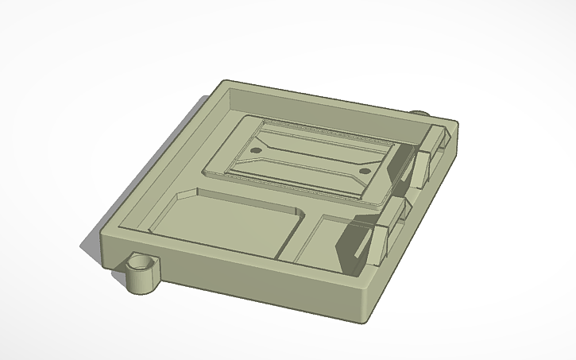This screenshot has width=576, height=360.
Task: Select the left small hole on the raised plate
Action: (256, 149)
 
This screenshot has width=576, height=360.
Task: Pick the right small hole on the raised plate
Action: (365, 170)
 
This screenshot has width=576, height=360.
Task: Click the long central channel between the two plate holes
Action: (310, 159)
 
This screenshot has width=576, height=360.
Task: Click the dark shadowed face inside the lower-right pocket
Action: (350, 242)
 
